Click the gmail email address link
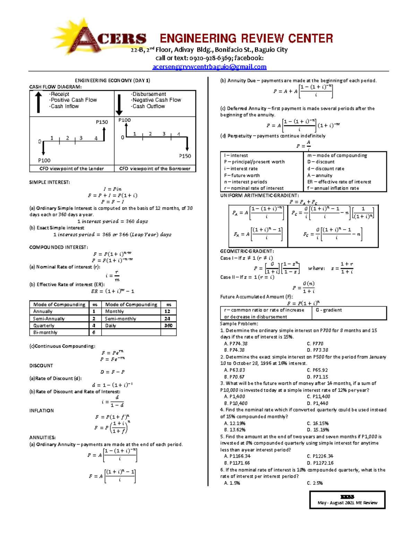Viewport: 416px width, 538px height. tap(209, 67)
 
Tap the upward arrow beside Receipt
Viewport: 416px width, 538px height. tap(38, 102)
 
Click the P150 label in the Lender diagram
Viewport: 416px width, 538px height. tap(102, 122)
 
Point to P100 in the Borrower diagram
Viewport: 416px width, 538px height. tap(124, 120)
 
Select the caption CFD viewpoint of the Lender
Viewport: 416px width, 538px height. tap(71, 169)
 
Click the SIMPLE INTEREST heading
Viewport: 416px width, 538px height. tap(49, 182)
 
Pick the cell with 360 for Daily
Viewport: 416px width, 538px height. tap(168, 326)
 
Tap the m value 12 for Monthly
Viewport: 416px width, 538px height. tap(167, 311)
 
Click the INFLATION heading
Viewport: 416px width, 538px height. tap(42, 411)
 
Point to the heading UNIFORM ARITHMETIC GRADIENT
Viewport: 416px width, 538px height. tap(259, 195)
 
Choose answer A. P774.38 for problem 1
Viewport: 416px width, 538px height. tap(236, 344)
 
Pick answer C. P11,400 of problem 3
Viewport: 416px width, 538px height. tap(318, 397)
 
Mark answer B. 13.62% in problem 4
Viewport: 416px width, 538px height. tap(235, 430)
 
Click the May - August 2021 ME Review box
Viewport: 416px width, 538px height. tap(347, 500)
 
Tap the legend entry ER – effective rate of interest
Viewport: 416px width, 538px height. tap(339, 182)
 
